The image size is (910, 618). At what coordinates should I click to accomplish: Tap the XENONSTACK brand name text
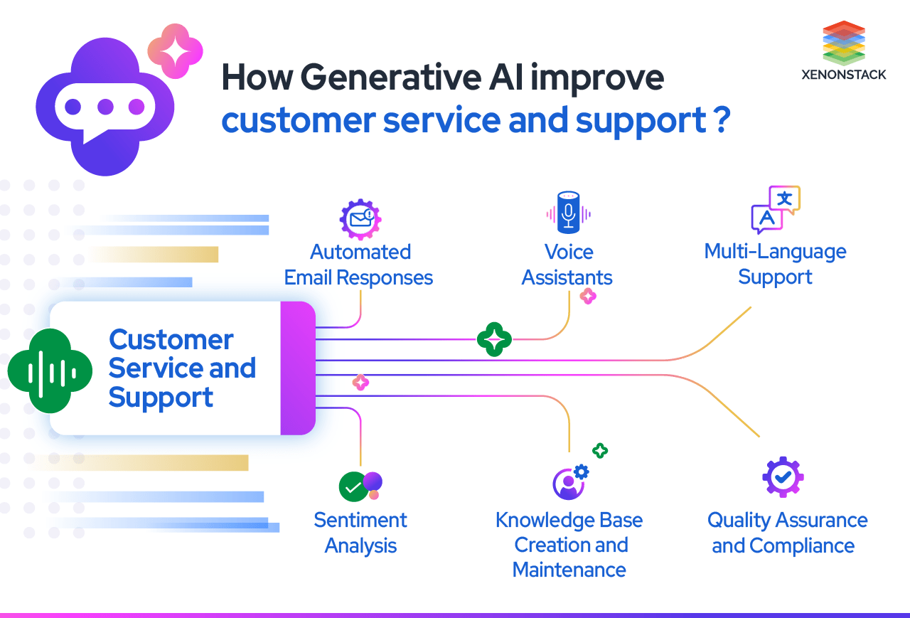(x=844, y=75)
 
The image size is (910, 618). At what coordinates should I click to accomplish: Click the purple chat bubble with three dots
(x=105, y=107)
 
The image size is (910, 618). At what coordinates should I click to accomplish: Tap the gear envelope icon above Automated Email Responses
(x=360, y=218)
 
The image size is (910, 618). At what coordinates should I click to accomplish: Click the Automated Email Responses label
(x=359, y=265)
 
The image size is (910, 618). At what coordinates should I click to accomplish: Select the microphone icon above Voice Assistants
(x=568, y=212)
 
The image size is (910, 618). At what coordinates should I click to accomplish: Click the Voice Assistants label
(x=567, y=265)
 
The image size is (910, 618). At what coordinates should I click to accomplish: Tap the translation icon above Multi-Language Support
(x=776, y=210)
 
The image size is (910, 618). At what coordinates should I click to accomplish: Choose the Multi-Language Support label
(x=776, y=264)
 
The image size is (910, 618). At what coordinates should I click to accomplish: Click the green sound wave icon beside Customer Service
(x=50, y=371)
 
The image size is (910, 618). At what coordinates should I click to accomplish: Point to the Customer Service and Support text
(x=181, y=368)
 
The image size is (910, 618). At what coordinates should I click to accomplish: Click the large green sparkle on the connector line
(x=494, y=339)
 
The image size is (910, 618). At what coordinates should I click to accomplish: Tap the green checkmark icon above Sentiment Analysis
(x=353, y=487)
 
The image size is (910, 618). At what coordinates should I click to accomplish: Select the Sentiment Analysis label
(x=360, y=533)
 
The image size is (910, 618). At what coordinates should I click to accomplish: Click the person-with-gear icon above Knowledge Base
(x=569, y=482)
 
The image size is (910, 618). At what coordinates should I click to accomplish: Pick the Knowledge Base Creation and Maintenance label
(x=569, y=545)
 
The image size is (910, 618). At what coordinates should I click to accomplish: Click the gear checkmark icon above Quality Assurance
(x=783, y=476)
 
